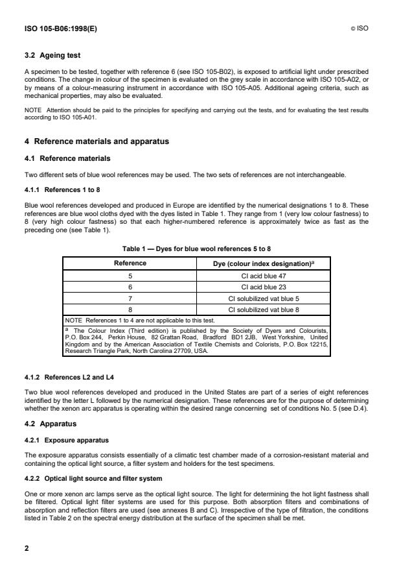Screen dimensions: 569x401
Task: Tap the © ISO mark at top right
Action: pos(360,29)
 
